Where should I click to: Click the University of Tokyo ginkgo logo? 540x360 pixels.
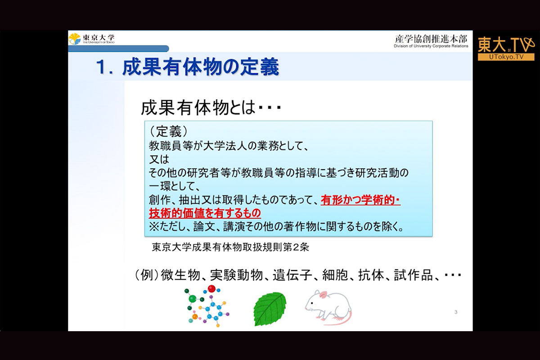tap(75, 39)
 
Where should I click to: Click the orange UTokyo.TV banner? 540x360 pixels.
tap(506, 57)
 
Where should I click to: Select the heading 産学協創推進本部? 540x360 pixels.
tap(431, 39)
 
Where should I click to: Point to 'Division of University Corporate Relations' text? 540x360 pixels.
tap(431, 46)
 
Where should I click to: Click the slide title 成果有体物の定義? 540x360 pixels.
tap(201, 67)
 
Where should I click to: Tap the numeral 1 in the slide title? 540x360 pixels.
tap(101, 67)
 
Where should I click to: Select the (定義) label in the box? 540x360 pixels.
tap(168, 132)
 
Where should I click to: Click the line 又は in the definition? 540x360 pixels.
tap(159, 159)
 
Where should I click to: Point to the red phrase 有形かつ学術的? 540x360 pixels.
tap(357, 200)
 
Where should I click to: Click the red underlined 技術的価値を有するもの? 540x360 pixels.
tap(205, 213)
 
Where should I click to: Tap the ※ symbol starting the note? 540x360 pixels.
tap(154, 227)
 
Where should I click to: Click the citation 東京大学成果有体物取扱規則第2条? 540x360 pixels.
tap(230, 247)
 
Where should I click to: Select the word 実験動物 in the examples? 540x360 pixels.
tap(236, 275)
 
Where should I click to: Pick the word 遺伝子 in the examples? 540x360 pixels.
tap(292, 275)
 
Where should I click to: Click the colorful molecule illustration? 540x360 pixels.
tap(207, 306)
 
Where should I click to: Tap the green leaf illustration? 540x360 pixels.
tap(270, 309)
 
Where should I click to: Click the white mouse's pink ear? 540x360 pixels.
tap(323, 295)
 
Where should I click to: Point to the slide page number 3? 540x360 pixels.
tap(456, 312)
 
